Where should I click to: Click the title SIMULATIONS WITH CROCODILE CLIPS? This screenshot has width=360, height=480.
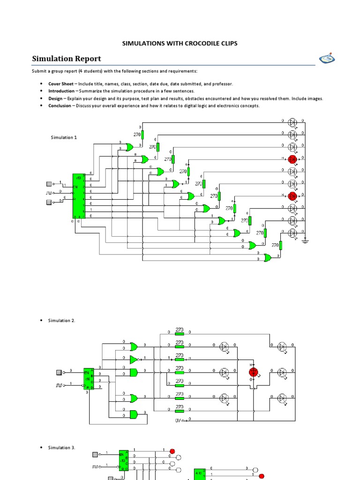click(x=180, y=43)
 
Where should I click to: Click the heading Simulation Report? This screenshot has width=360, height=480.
click(x=66, y=59)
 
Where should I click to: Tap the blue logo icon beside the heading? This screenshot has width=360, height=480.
click(x=327, y=59)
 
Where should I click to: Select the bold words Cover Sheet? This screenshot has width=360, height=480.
click(x=61, y=83)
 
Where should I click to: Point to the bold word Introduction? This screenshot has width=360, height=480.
click(x=61, y=91)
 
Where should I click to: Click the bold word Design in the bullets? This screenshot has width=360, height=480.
click(x=55, y=98)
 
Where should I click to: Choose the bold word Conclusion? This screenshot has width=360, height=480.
click(x=60, y=106)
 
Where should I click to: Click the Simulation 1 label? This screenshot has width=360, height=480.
click(x=64, y=137)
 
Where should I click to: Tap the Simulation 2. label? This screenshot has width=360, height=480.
click(x=61, y=321)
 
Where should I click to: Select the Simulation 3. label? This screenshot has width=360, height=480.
click(x=61, y=448)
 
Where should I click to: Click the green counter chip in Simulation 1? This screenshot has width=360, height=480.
click(x=77, y=195)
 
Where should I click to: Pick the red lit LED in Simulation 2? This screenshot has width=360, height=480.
click(x=254, y=372)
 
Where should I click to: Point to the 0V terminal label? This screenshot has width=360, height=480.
click(x=179, y=420)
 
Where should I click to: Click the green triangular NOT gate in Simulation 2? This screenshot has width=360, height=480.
click(x=134, y=360)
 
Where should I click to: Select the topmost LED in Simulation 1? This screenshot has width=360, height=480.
click(x=292, y=122)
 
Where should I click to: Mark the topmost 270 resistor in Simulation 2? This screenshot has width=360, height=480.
click(x=180, y=331)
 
